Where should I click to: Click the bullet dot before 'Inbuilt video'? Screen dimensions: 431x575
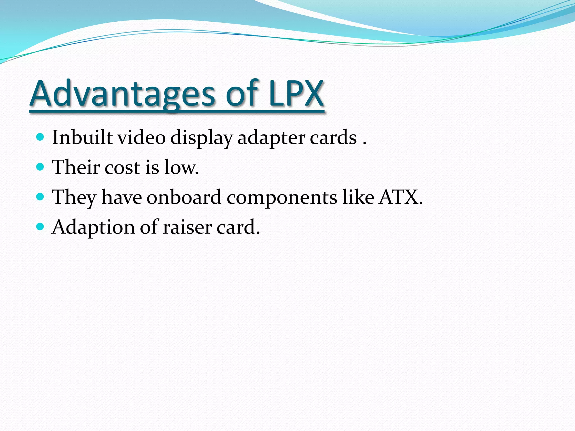[40, 137]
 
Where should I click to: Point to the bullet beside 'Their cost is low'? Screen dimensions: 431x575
[40, 167]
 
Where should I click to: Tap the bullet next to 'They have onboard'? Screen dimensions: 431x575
[40, 197]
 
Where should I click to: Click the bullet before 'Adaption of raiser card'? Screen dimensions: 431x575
[40, 226]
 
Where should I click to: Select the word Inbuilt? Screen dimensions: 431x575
[82, 137]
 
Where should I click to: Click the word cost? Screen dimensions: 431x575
[122, 168]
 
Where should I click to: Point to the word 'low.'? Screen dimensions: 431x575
[181, 168]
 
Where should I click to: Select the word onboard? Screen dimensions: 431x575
[184, 197]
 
